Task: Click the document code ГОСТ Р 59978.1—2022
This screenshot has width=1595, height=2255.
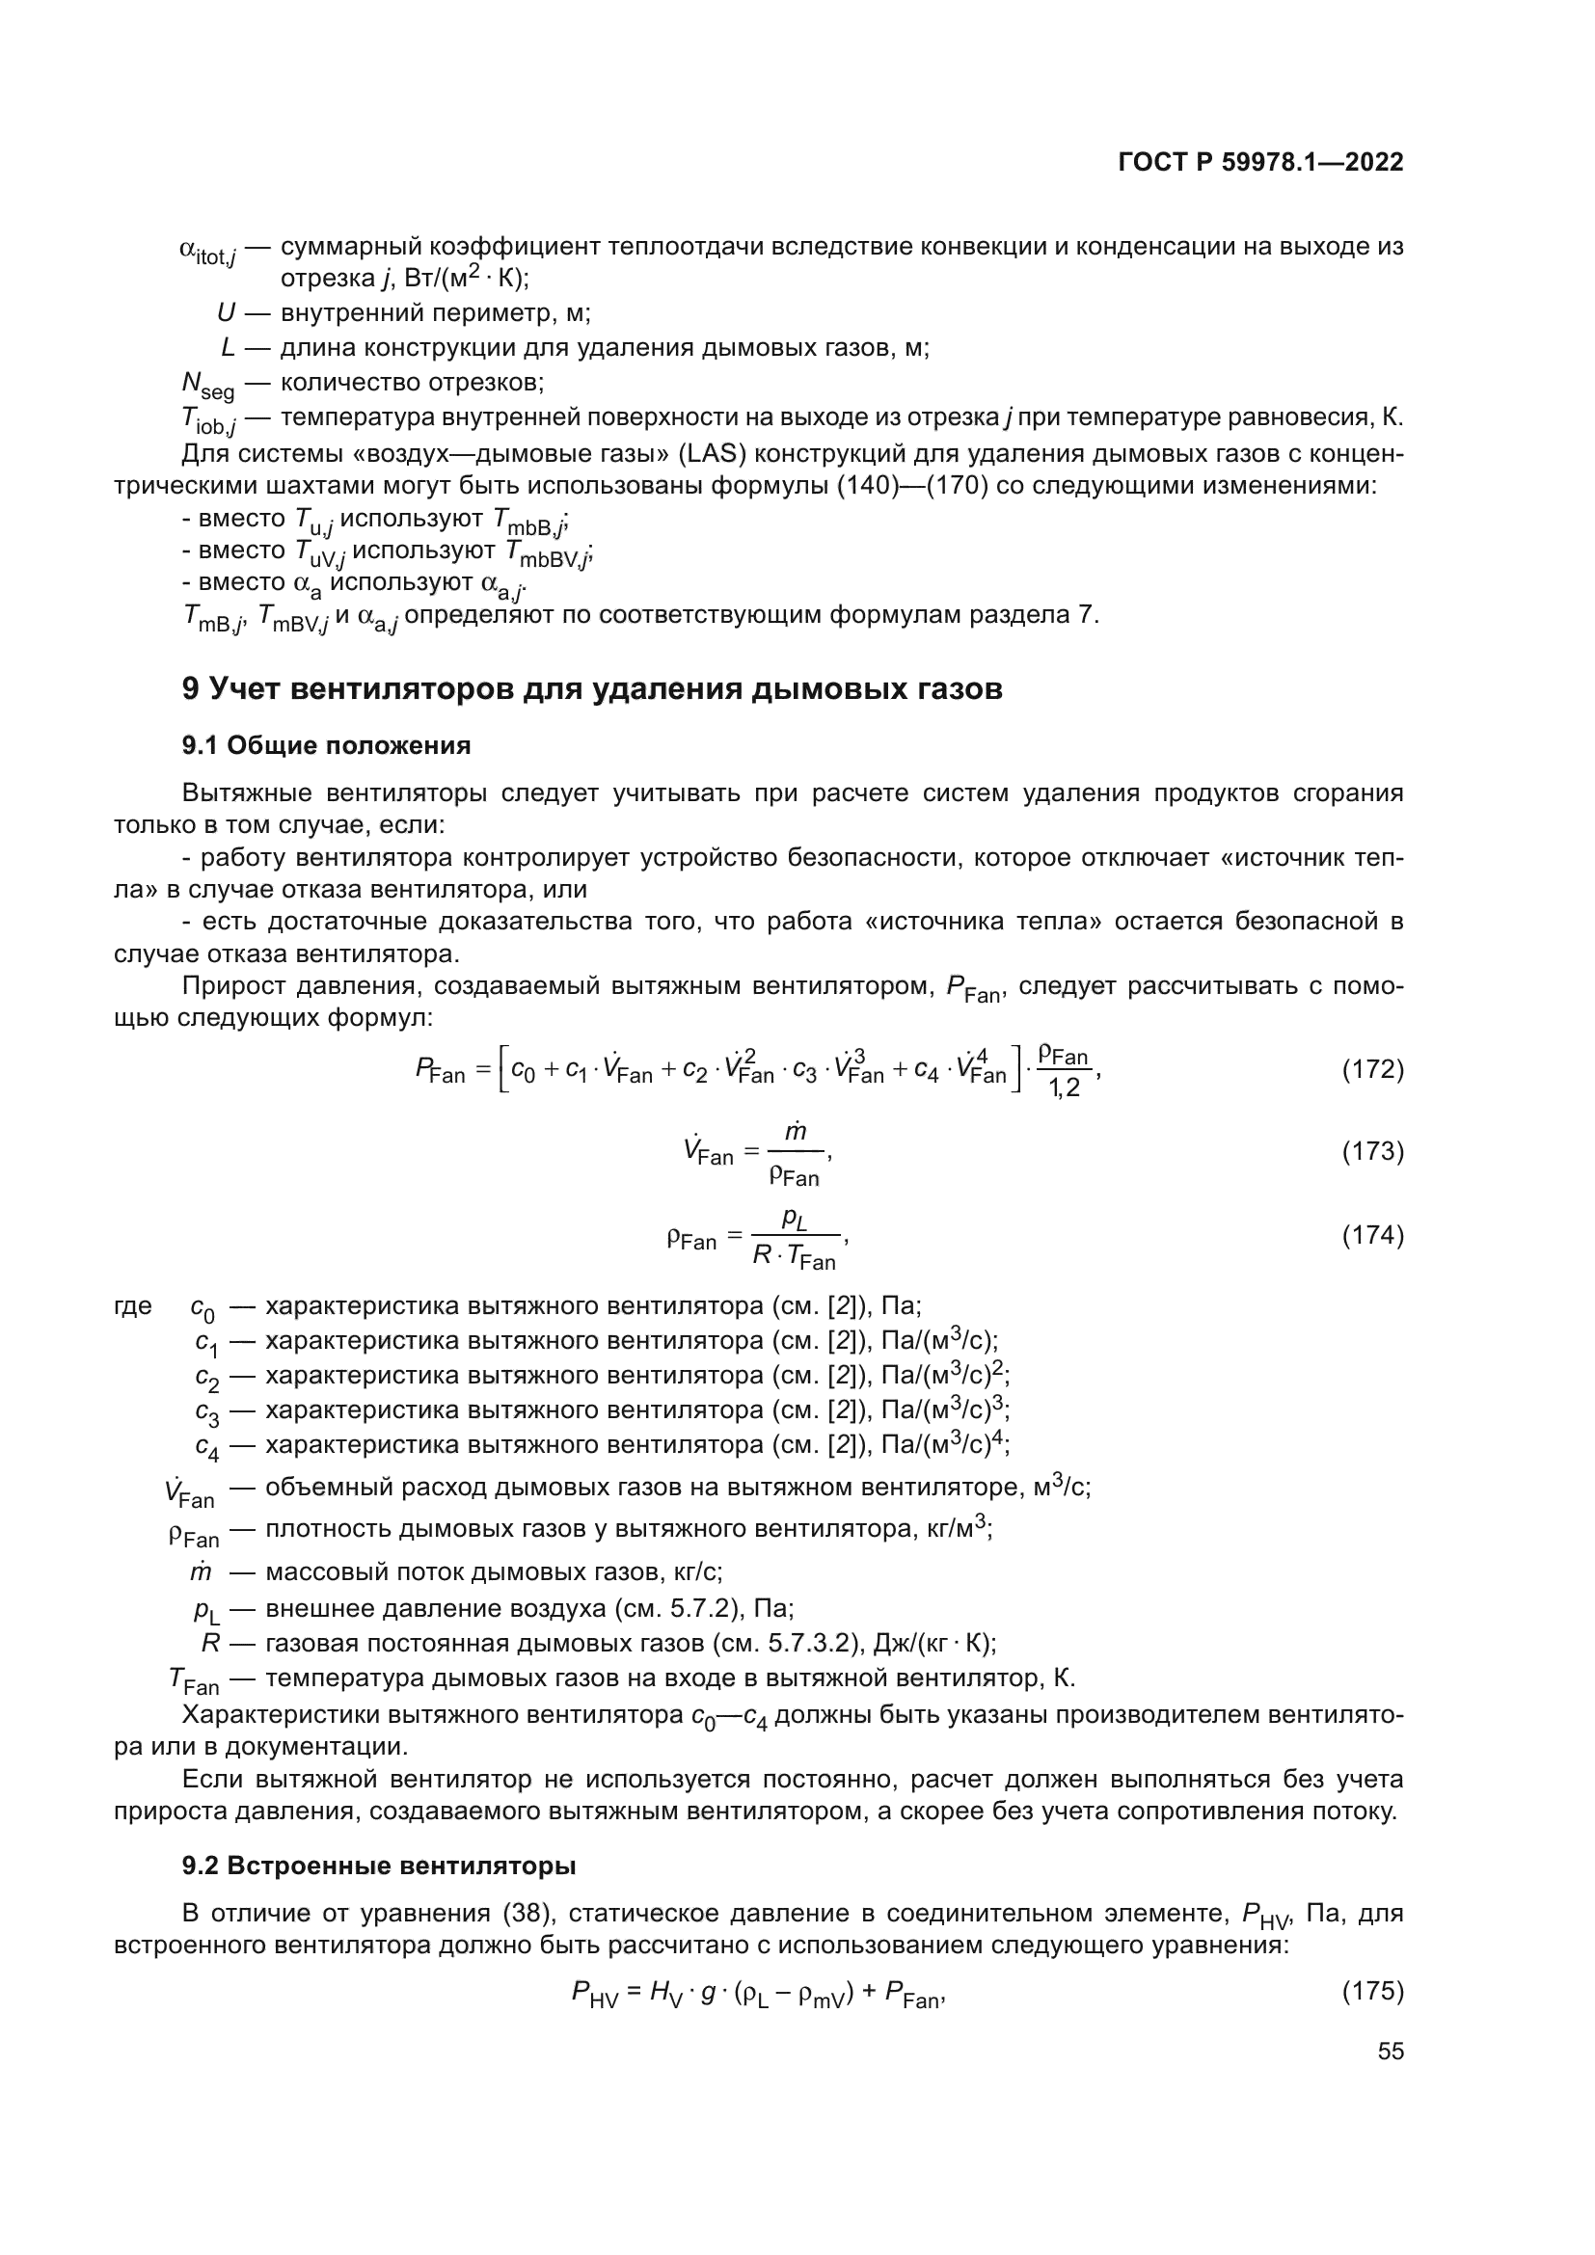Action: (x=1260, y=163)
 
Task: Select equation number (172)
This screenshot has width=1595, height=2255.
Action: (x=1372, y=1069)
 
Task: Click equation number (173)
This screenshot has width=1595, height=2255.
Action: (x=1372, y=1151)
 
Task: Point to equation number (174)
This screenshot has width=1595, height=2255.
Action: (x=1372, y=1236)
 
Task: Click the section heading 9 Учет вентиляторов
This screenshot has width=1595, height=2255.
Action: (x=592, y=688)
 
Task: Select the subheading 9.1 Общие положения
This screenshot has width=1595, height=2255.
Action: (x=326, y=745)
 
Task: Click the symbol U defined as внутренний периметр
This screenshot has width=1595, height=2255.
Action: (x=226, y=313)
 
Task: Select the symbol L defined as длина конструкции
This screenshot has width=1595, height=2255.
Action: (x=228, y=348)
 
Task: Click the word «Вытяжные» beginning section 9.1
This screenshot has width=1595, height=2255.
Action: (x=247, y=793)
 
